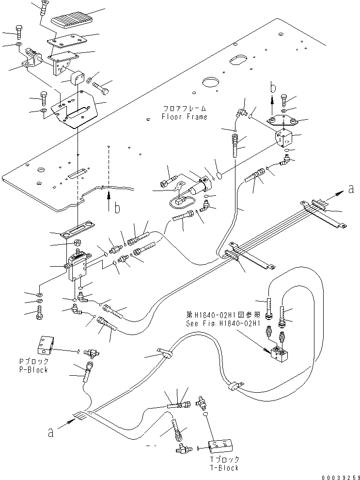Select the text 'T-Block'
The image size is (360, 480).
click(224, 468)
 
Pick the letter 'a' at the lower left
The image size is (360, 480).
click(50, 432)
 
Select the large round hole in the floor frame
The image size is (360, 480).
click(211, 82)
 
